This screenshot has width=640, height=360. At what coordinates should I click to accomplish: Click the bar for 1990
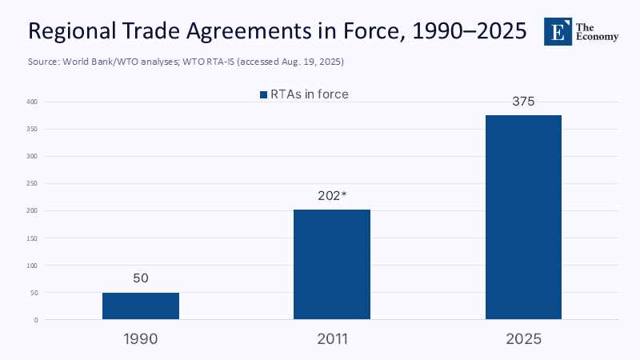coord(141,306)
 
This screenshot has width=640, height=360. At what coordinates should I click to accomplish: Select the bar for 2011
coord(332,264)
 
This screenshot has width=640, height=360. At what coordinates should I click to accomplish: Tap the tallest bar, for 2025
coord(523,217)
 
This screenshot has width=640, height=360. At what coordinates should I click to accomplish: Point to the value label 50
coord(141,278)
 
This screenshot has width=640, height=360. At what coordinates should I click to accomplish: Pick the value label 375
coord(523,102)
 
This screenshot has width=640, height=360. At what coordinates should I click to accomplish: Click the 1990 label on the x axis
coord(141,338)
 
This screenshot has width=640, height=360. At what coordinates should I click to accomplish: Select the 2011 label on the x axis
coord(332,338)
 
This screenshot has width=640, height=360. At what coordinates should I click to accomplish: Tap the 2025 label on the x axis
coord(523,338)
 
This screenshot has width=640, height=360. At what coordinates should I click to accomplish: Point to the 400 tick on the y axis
coord(31,102)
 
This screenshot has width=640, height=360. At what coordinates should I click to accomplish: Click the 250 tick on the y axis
coord(31,183)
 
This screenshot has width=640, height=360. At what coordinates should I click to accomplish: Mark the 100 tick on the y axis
coord(31,265)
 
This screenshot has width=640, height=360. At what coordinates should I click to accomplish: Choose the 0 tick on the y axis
coord(35,320)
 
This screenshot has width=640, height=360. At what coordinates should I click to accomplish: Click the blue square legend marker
coord(262,94)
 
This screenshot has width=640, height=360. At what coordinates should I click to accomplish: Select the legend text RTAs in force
coord(310,94)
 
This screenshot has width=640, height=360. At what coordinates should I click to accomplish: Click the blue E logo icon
coord(558,31)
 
